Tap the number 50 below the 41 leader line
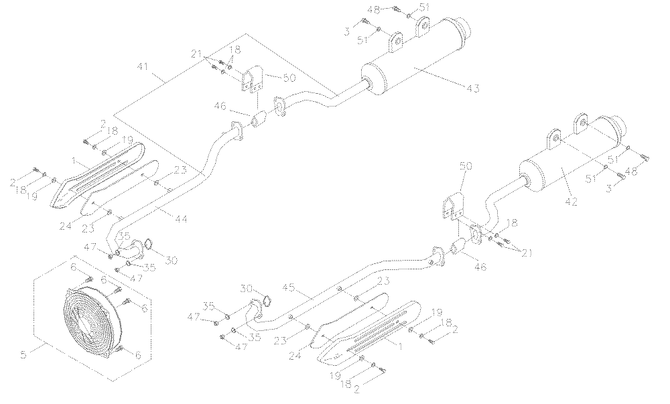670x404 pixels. [288, 78]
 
